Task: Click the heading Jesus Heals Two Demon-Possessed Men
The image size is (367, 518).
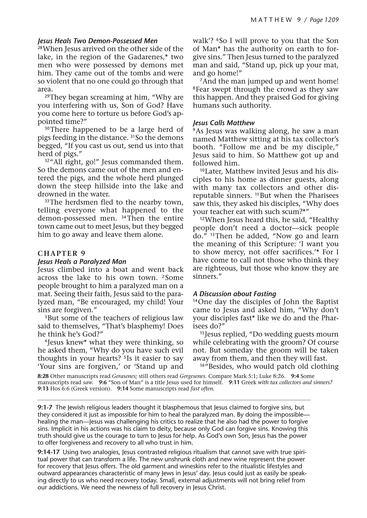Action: pos(98,41)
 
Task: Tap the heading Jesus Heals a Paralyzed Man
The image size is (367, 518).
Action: pos(82,262)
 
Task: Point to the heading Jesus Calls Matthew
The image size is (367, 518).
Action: pos(224,123)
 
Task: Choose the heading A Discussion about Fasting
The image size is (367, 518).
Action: pos(234,294)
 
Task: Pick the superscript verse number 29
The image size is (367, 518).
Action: pos(48,96)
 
